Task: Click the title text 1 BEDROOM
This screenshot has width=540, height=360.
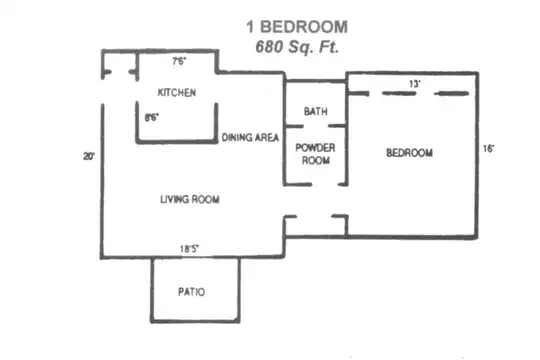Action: coord(297,27)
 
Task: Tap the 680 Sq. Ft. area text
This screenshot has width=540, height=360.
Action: coord(297,47)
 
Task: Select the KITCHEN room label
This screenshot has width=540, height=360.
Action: coord(177,92)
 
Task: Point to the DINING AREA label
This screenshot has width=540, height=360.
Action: coord(250,137)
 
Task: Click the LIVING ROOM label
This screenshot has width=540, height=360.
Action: coord(190,199)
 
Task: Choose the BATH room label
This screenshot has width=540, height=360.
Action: coord(315,111)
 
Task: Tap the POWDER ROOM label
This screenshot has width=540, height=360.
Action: coord(315,154)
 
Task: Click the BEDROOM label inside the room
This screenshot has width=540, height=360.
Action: coord(409,153)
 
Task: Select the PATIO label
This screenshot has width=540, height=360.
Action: coord(191,292)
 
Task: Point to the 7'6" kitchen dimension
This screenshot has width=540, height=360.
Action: coord(179,61)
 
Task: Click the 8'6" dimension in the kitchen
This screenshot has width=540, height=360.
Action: coord(152,117)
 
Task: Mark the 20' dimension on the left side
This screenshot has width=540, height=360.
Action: coord(89,156)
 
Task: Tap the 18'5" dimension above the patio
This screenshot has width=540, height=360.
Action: coord(189,248)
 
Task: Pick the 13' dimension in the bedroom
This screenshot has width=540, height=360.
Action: coord(415,84)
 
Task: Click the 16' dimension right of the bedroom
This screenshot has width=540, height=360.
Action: coord(488,148)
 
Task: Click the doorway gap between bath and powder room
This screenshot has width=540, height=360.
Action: coord(316,126)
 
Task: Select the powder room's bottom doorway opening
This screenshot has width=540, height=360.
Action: coord(325,185)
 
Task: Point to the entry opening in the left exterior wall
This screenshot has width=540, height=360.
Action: coord(102,92)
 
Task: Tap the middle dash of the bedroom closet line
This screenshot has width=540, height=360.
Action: coord(399,93)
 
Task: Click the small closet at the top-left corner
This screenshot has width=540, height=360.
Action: coord(120,64)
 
